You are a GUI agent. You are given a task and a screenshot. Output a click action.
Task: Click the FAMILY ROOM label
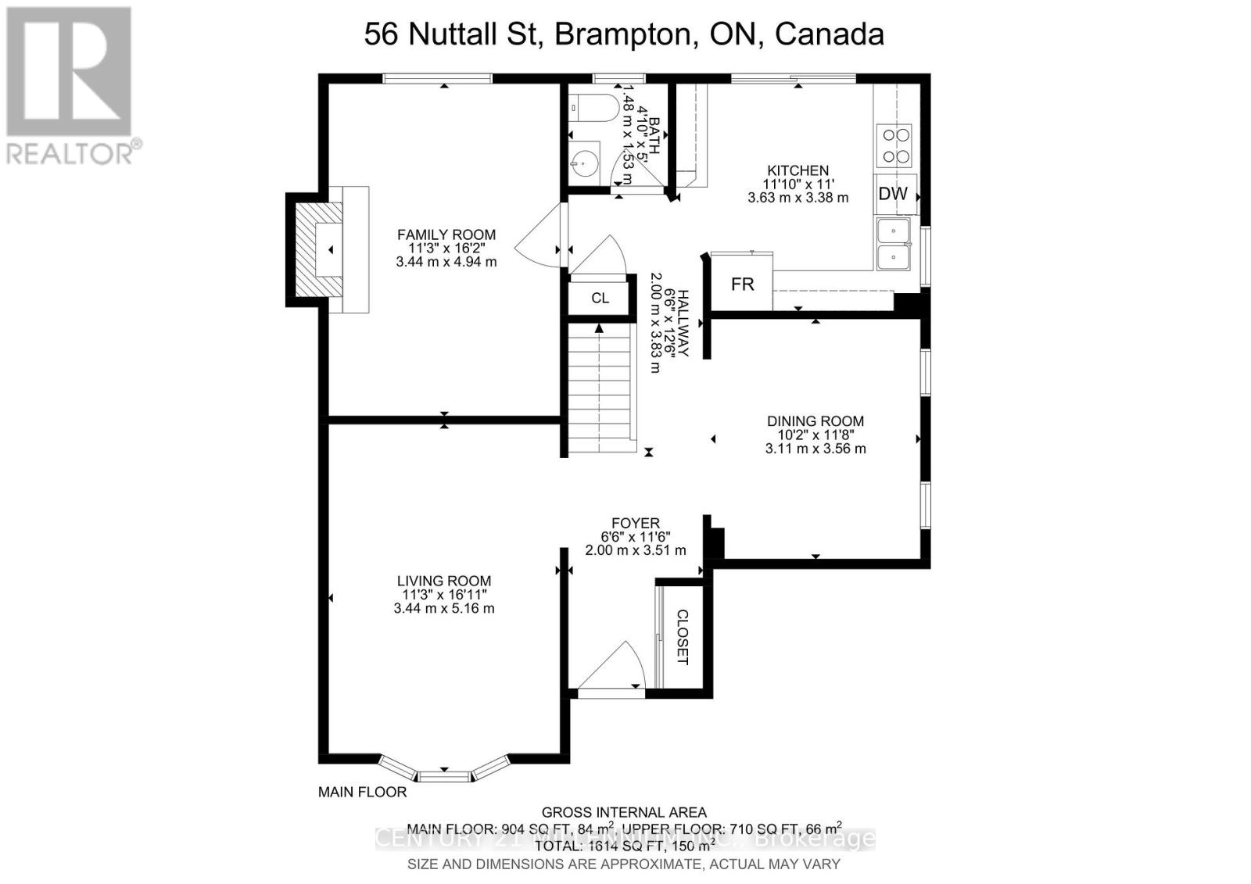click(x=446, y=234)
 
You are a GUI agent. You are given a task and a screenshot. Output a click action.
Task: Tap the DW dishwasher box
click(x=893, y=194)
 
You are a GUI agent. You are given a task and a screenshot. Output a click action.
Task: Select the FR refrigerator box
click(x=742, y=285)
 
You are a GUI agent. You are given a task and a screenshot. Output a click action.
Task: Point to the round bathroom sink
click(x=582, y=163)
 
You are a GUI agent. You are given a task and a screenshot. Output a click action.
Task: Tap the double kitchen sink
click(x=894, y=245)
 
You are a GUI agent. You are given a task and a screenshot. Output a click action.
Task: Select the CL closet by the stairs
click(x=600, y=298)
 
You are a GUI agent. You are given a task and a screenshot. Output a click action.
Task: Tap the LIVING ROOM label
click(x=444, y=581)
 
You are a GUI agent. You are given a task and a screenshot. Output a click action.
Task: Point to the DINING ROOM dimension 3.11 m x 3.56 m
click(x=815, y=449)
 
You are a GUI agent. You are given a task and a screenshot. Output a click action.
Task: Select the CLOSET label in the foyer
click(x=682, y=637)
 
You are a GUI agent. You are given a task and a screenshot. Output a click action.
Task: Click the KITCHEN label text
click(x=798, y=170)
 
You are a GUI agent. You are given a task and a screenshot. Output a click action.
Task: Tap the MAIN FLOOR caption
click(x=362, y=792)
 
